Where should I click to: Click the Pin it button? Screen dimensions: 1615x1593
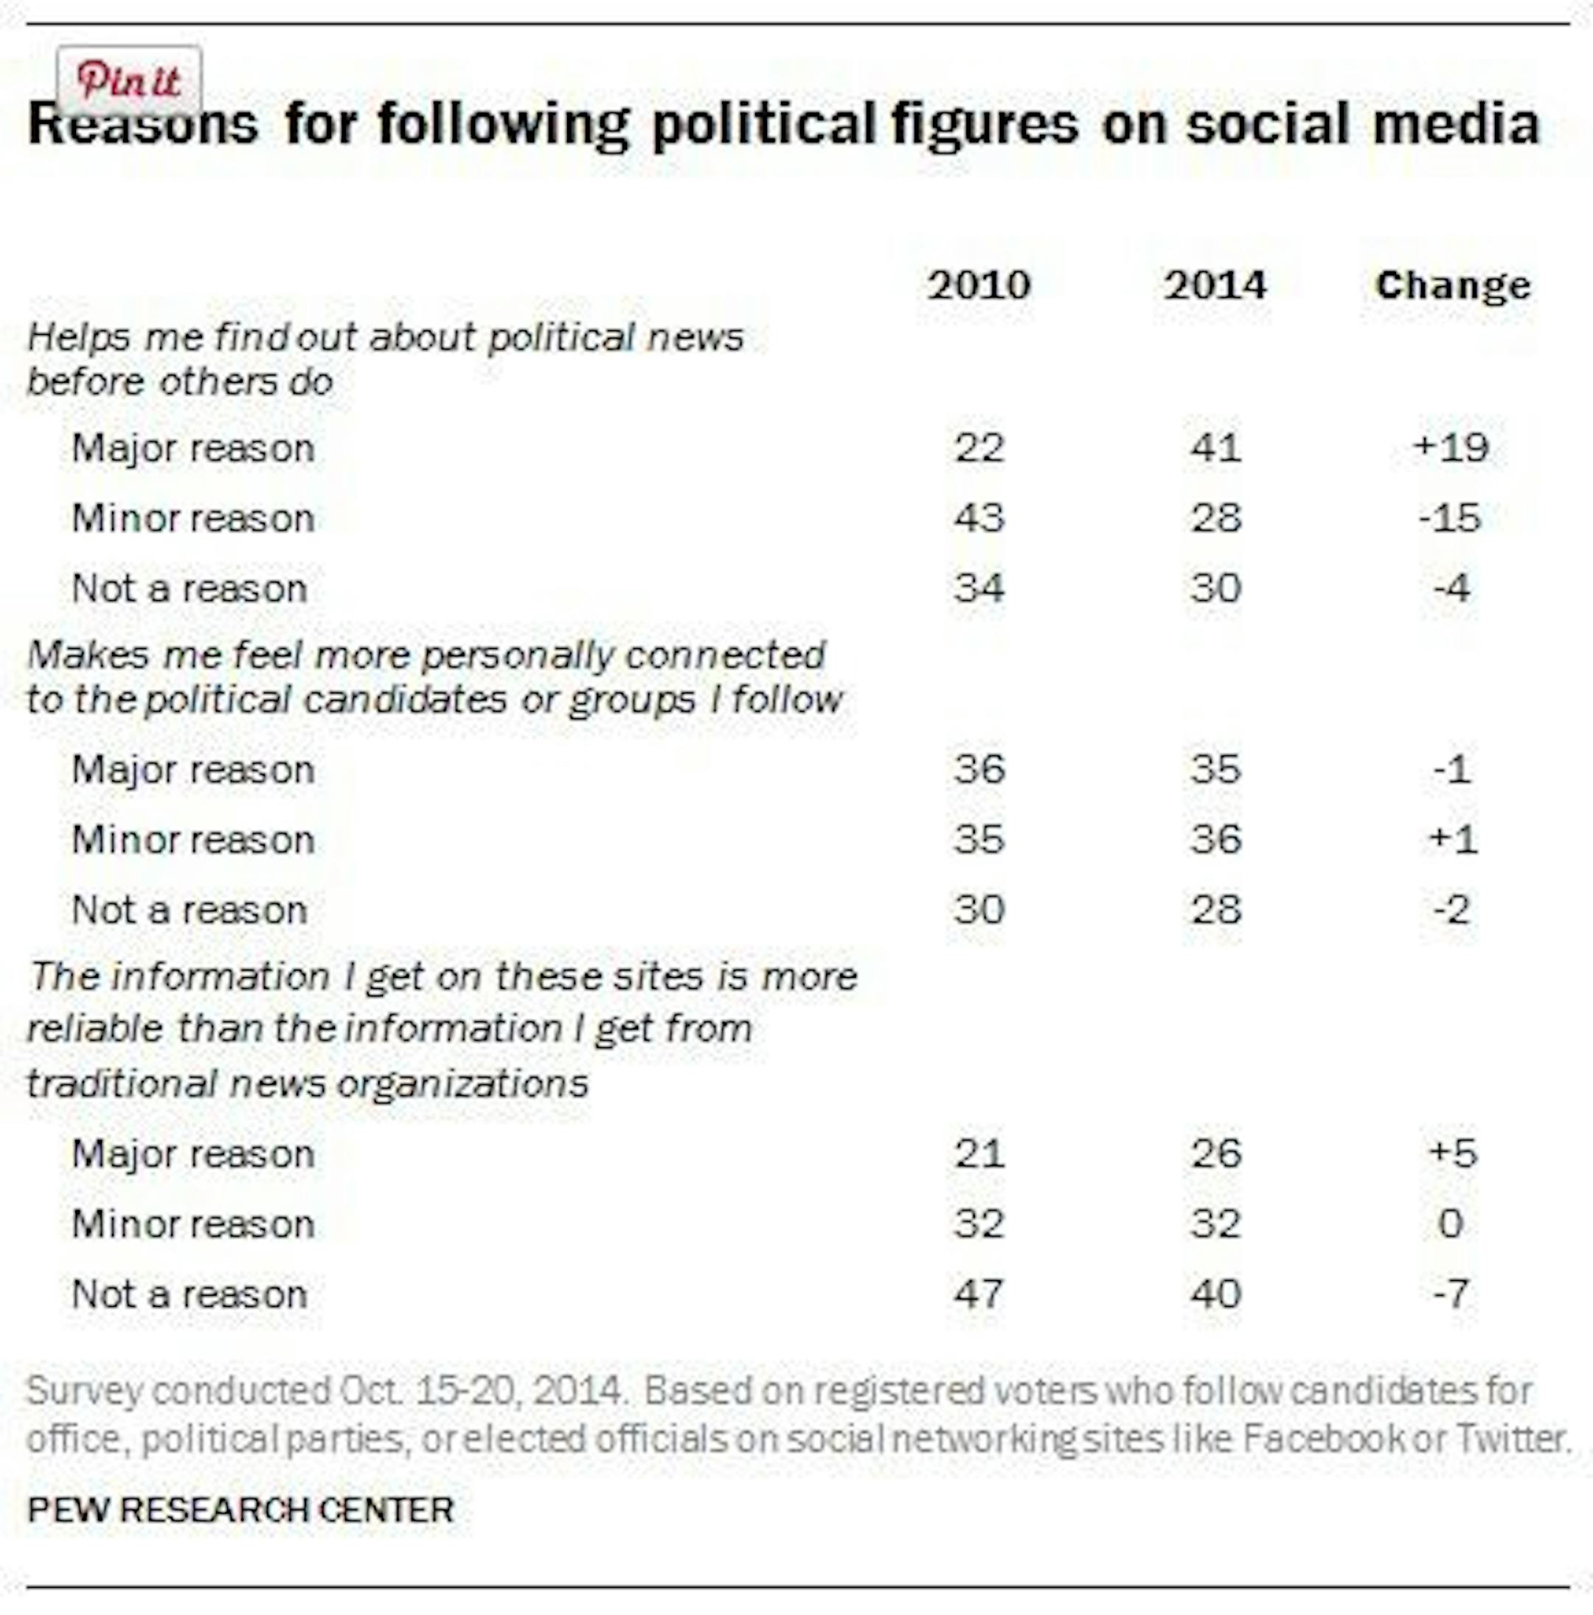pos(129,81)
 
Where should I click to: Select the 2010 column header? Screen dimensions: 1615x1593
pos(979,286)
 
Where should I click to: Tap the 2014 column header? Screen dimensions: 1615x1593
pos(1215,286)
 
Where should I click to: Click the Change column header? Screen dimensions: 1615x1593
pos(1453,286)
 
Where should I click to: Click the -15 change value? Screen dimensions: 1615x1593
pos(1450,518)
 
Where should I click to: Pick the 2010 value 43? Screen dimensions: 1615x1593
pos(979,518)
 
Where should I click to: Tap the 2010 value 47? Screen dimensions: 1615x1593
pos(979,1294)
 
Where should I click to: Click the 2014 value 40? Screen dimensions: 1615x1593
pos(1216,1294)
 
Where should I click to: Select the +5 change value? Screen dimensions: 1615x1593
pos(1453,1153)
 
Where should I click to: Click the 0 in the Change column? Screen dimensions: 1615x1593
pos(1451,1224)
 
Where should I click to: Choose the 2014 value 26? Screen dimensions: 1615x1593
pos(1216,1153)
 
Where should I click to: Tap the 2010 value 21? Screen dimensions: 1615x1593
pos(979,1153)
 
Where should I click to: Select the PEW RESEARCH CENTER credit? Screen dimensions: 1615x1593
pos(240,1510)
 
